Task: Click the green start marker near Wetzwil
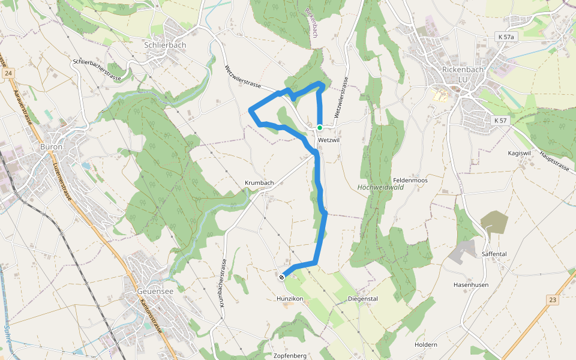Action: pyautogui.click(x=320, y=128)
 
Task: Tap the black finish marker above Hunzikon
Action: pyautogui.click(x=282, y=277)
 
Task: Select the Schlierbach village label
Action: pyautogui.click(x=165, y=45)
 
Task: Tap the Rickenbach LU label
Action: pyautogui.click(x=462, y=74)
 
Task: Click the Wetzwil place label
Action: pyautogui.click(x=330, y=140)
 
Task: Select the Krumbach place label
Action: pyautogui.click(x=259, y=182)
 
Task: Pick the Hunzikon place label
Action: pyautogui.click(x=290, y=298)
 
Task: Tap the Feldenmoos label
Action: pyautogui.click(x=410, y=180)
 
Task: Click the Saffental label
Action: pyautogui.click(x=494, y=254)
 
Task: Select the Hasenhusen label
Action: pyautogui.click(x=471, y=284)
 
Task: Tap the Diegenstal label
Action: pyautogui.click(x=362, y=298)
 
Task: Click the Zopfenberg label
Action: pyautogui.click(x=290, y=355)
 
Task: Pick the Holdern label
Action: pyautogui.click(x=426, y=345)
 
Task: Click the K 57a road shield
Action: pyautogui.click(x=506, y=37)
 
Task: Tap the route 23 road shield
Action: pyautogui.click(x=553, y=299)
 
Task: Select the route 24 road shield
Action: pyautogui.click(x=8, y=73)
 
